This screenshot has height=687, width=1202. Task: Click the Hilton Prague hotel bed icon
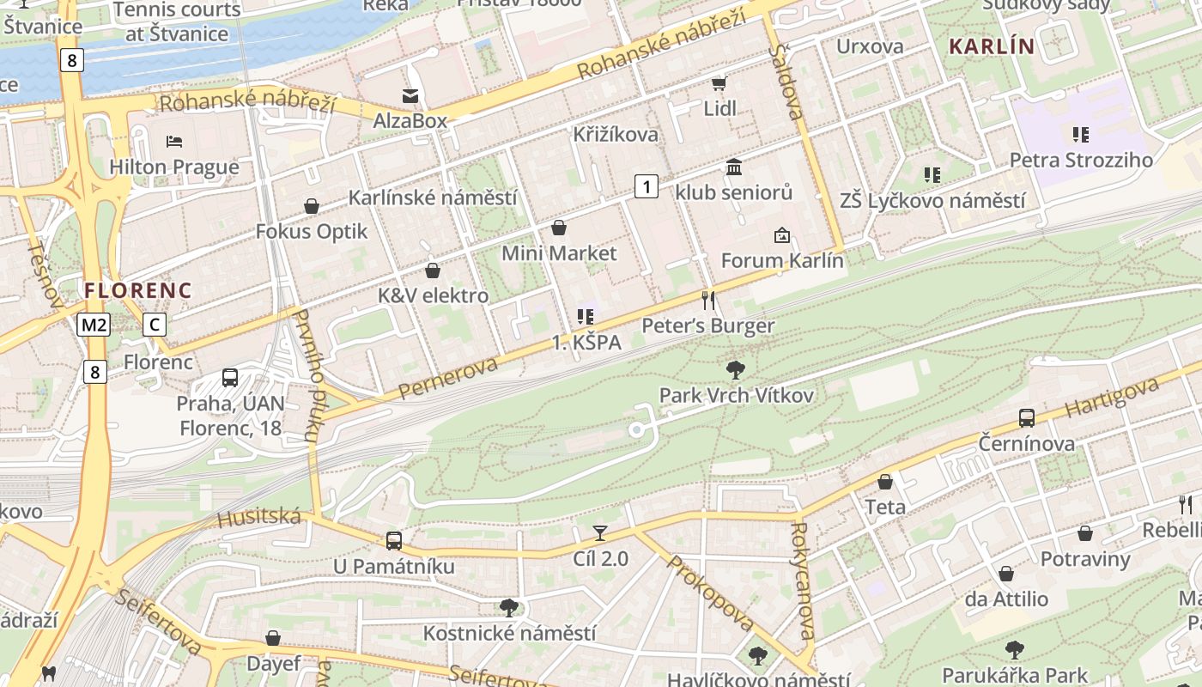click(174, 141)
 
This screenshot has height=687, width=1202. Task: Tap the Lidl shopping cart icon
click(719, 83)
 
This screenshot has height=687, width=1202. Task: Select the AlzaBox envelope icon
click(410, 95)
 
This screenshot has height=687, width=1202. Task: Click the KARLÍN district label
click(992, 46)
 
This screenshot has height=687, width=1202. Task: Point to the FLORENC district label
click(138, 290)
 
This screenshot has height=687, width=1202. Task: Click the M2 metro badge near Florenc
click(94, 325)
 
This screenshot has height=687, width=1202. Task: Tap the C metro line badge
click(154, 325)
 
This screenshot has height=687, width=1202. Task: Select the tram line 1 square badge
click(647, 185)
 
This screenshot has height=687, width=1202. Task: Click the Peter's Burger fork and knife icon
click(708, 300)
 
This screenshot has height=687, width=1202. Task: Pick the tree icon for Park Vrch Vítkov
click(735, 370)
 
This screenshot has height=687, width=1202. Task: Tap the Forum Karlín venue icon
click(782, 234)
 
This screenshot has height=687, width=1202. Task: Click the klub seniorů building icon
click(734, 167)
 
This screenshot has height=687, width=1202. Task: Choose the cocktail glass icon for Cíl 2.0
click(600, 533)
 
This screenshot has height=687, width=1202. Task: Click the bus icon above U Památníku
click(394, 541)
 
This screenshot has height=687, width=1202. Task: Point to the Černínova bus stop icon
click(1027, 418)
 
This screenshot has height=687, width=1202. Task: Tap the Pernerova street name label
click(448, 379)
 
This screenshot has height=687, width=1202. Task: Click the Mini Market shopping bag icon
click(559, 228)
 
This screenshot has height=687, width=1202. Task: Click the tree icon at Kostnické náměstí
click(509, 608)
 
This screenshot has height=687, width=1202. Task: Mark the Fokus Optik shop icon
click(312, 206)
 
